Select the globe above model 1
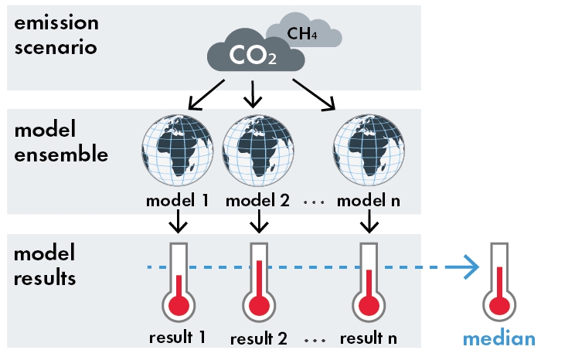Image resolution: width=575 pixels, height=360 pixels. (177, 150)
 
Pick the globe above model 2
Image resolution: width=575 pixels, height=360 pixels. (258, 150)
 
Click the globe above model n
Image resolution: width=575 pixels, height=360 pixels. (368, 150)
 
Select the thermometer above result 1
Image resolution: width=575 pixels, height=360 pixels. (179, 281)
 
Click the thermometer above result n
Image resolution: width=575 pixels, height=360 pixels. (369, 281)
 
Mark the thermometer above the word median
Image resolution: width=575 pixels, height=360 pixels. (499, 281)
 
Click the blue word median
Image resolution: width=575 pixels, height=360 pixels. (499, 338)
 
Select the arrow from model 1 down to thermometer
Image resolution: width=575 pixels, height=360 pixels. (178, 222)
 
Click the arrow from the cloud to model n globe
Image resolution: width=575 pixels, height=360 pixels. (315, 94)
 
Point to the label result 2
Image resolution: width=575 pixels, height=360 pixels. (259, 339)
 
